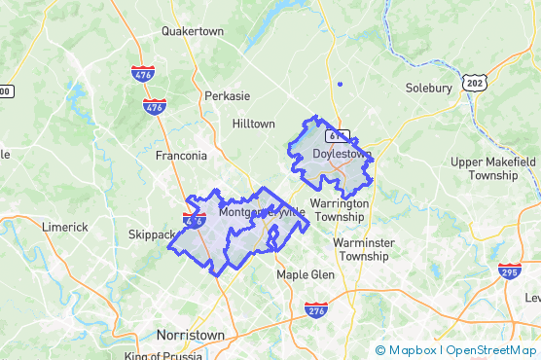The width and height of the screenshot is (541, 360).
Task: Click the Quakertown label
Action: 192,31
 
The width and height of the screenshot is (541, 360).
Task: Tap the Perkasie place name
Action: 228,96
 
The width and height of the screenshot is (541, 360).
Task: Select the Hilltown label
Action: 254,124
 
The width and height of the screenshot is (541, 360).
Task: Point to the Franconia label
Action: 181,156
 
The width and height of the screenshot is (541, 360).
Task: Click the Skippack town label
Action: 150,234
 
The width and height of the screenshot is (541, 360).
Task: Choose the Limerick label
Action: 64,227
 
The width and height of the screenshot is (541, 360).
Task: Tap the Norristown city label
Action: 191,335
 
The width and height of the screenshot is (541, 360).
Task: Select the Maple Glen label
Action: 306,274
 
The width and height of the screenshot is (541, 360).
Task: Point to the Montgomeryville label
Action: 262,212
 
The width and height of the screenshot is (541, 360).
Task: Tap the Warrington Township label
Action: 341,210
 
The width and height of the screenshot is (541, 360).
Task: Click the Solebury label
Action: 428,88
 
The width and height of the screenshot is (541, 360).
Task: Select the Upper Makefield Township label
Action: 493,168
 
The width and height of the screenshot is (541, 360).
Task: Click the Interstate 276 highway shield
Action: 315,309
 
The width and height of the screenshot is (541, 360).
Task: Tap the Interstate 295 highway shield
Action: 509,270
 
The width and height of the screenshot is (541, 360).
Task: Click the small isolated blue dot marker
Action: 340,85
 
